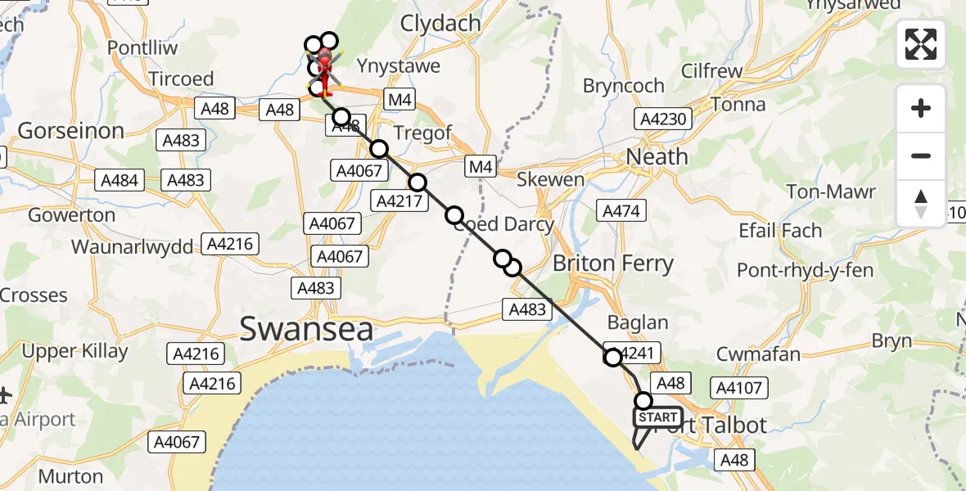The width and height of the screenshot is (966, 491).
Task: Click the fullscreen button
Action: coord(921,44)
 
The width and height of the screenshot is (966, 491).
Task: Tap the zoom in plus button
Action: coord(921,108)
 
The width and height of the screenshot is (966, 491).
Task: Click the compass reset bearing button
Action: coord(921,204)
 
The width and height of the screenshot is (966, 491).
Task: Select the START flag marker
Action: coord(657,418)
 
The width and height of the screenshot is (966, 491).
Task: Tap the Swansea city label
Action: coord(306,330)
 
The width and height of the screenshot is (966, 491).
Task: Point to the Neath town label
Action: coord(657,155)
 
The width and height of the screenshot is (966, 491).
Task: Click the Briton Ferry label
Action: coord(613,264)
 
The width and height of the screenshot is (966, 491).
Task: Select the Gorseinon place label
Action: coord(71,130)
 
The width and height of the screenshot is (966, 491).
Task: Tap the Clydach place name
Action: coord(440,24)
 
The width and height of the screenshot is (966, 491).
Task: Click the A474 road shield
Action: coord(621,210)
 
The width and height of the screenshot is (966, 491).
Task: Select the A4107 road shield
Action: coord(738,388)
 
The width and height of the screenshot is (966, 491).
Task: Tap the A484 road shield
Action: coord(118,180)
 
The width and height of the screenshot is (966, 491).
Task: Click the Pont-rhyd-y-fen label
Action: coord(806,270)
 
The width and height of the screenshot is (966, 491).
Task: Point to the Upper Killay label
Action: coord(75,352)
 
